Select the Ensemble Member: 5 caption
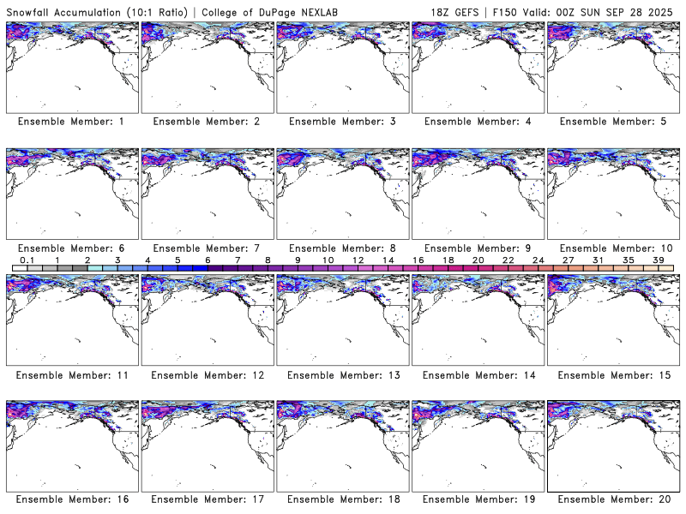click(612, 122)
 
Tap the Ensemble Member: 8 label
click(341, 248)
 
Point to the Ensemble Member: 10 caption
click(612, 248)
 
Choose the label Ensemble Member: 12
click(206, 374)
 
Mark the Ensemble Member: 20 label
click(612, 499)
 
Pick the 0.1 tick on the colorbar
click(27, 260)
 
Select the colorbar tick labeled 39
click(658, 260)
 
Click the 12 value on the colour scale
click(358, 260)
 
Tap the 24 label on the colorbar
click(538, 260)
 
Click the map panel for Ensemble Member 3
click(341, 67)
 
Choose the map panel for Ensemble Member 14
click(477, 319)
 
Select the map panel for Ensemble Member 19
click(477, 445)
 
